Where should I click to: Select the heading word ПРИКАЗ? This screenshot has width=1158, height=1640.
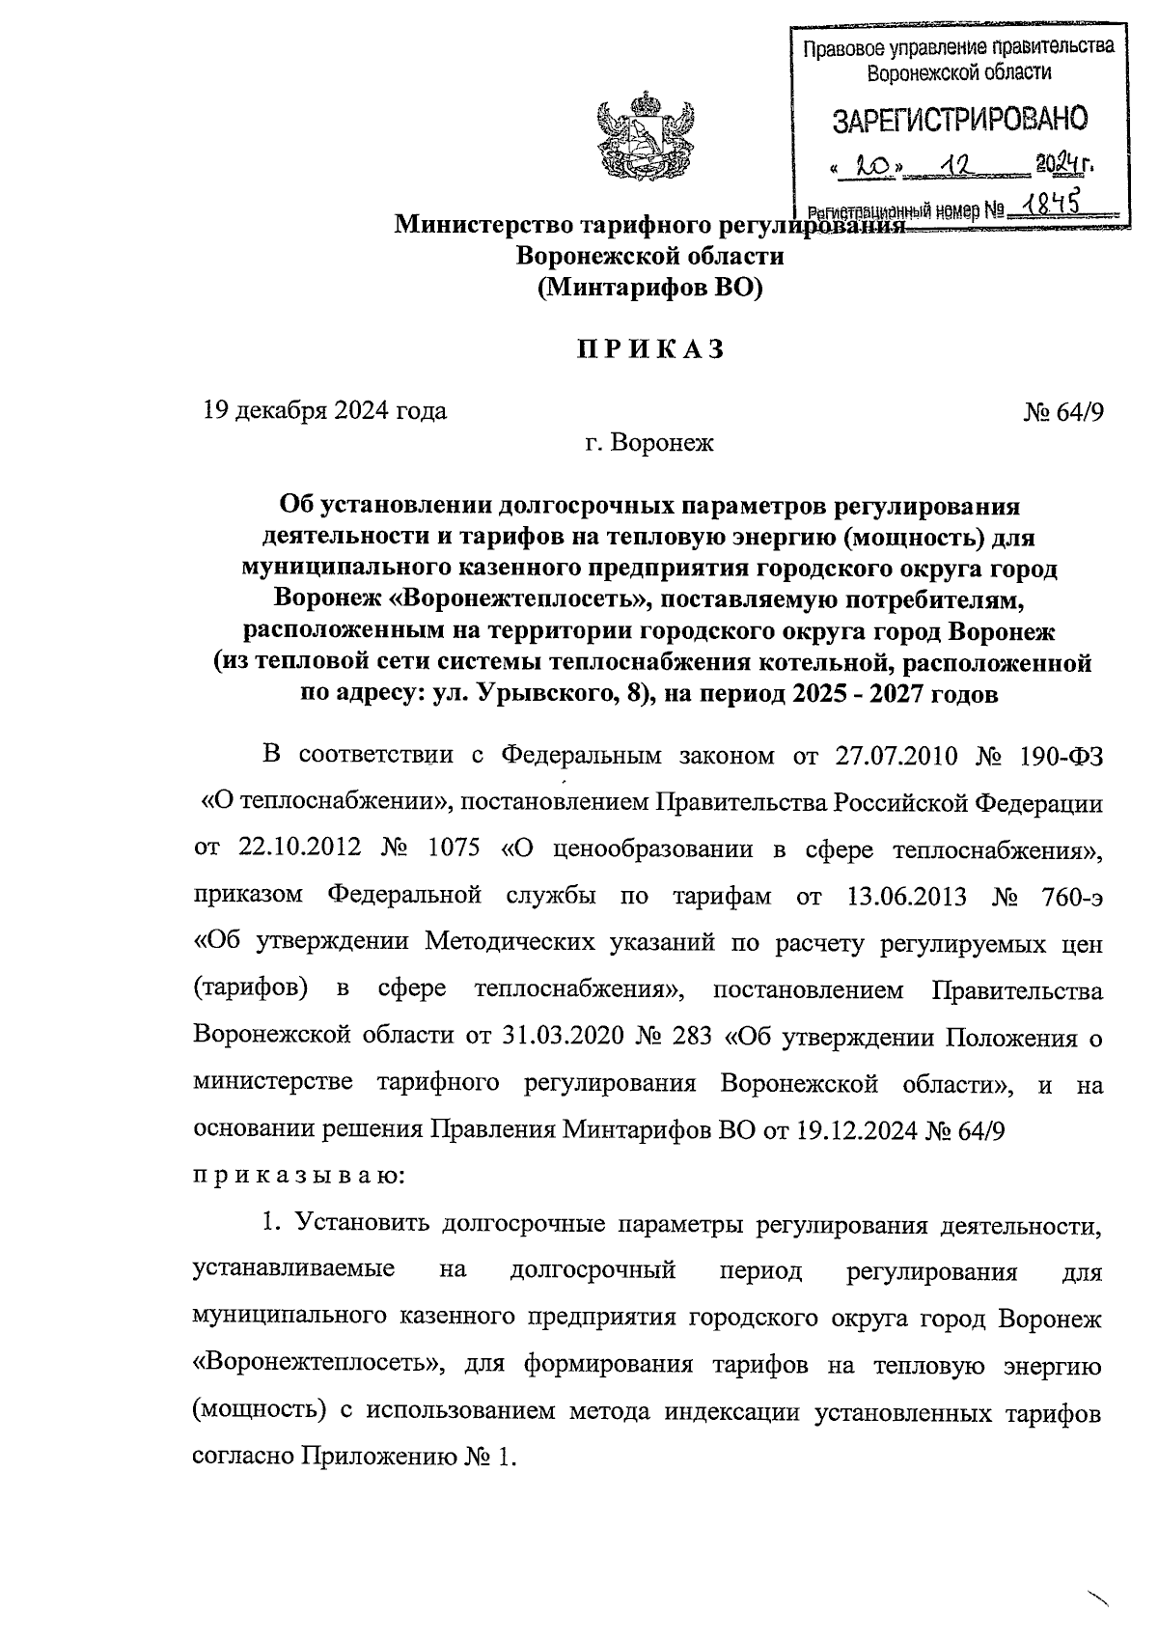[x=649, y=349]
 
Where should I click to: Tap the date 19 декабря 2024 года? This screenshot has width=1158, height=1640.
[x=325, y=411]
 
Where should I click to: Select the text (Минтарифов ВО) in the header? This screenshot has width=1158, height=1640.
[x=649, y=288]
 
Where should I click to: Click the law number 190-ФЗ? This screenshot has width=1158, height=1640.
[x=1060, y=756]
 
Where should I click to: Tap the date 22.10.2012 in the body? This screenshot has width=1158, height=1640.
[x=299, y=849]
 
